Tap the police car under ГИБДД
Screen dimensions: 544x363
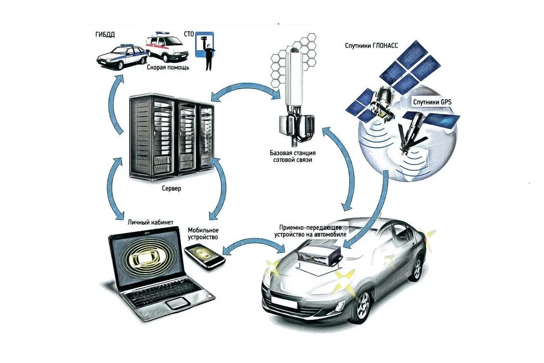(121, 56)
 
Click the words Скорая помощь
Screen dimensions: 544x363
(168, 68)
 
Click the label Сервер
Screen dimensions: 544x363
(171, 189)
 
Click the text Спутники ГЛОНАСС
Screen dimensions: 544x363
(371, 46)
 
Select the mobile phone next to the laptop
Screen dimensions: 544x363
(205, 256)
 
